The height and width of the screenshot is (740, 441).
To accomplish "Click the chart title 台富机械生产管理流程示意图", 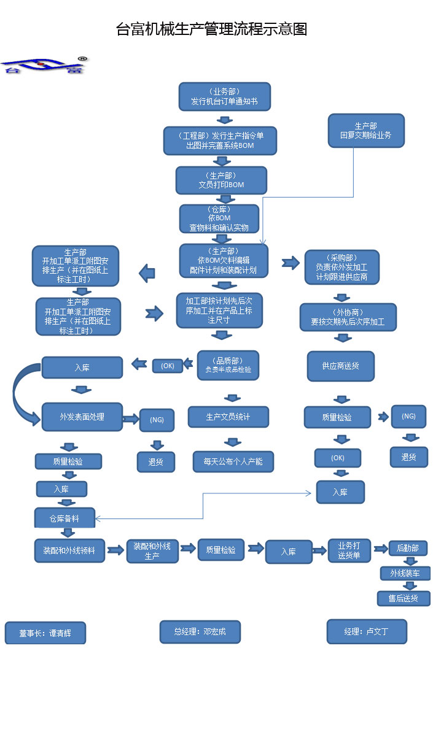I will coord(211,29).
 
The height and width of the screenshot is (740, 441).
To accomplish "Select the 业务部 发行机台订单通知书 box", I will coord(224,97).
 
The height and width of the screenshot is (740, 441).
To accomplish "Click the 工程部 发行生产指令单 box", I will coord(220,141).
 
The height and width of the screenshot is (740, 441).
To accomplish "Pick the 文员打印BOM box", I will coord(221,180).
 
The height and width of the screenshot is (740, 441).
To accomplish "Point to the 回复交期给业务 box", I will coord(365,130).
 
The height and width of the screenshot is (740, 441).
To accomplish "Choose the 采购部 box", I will coord(341,267).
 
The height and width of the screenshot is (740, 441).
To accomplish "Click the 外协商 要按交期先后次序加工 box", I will coord(348,317).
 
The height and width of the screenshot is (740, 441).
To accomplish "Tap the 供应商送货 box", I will coord(340,366).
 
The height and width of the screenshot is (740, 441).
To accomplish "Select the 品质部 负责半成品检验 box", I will coord(228,365).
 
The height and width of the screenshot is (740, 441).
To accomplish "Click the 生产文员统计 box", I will coord(228,417).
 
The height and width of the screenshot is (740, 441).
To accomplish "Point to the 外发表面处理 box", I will coord(82,417).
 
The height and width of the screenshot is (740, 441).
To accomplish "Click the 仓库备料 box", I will coord(64,518).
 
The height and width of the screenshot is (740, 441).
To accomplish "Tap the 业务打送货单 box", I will coord(349,550).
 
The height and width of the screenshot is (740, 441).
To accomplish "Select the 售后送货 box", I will coord(404,598).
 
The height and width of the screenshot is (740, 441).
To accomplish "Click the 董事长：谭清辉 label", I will coord(45,633).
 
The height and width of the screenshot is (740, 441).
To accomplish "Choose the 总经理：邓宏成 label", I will coord(200,631).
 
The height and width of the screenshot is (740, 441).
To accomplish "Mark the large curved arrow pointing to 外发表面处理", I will coord(21,399).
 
